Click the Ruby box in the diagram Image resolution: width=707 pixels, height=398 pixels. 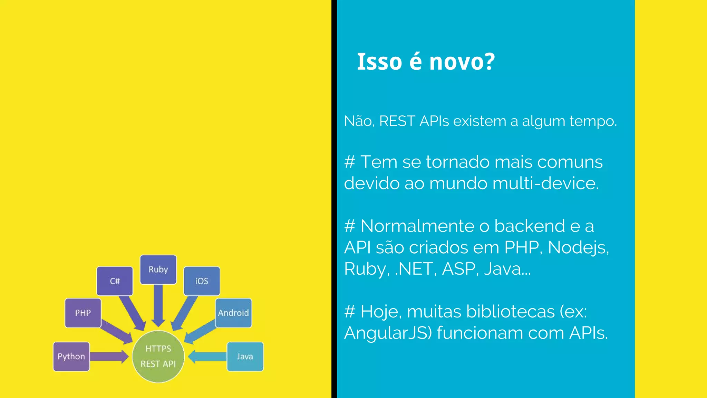[158, 269]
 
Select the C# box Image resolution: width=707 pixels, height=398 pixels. [115, 281]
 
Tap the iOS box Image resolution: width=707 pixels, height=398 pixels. [202, 281]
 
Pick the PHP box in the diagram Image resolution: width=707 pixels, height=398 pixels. [83, 313]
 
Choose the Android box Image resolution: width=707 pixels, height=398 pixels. [233, 313]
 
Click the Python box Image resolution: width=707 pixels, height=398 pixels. [71, 356]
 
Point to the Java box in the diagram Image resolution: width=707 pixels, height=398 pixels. [245, 356]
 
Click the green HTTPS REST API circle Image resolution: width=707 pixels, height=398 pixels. [158, 356]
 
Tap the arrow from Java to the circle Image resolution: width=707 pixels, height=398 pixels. [207, 357]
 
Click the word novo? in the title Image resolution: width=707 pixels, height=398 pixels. [462, 62]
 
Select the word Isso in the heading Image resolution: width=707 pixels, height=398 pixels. [379, 62]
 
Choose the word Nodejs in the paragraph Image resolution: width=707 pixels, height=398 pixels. [578, 248]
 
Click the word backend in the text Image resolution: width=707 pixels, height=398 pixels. [530, 226]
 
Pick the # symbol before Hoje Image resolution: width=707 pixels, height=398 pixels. [350, 312]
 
